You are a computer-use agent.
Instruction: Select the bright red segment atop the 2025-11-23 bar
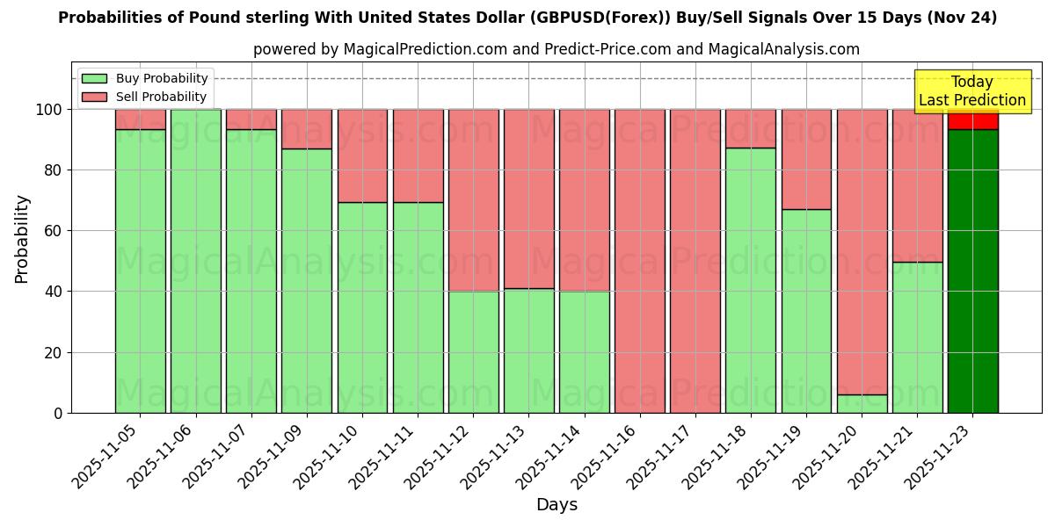click(x=972, y=119)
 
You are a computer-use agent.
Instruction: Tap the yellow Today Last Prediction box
click(x=971, y=91)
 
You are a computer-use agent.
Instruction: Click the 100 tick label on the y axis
click(x=48, y=110)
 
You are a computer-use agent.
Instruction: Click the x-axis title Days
click(x=557, y=505)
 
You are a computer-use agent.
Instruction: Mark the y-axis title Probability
click(x=22, y=239)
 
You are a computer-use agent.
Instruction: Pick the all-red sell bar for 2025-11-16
click(x=640, y=261)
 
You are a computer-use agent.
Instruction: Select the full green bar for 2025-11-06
click(x=195, y=261)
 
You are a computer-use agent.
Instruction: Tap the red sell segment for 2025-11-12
click(x=473, y=200)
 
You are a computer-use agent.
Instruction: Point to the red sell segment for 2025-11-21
click(x=917, y=185)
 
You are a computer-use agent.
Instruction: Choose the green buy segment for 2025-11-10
click(x=362, y=307)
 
